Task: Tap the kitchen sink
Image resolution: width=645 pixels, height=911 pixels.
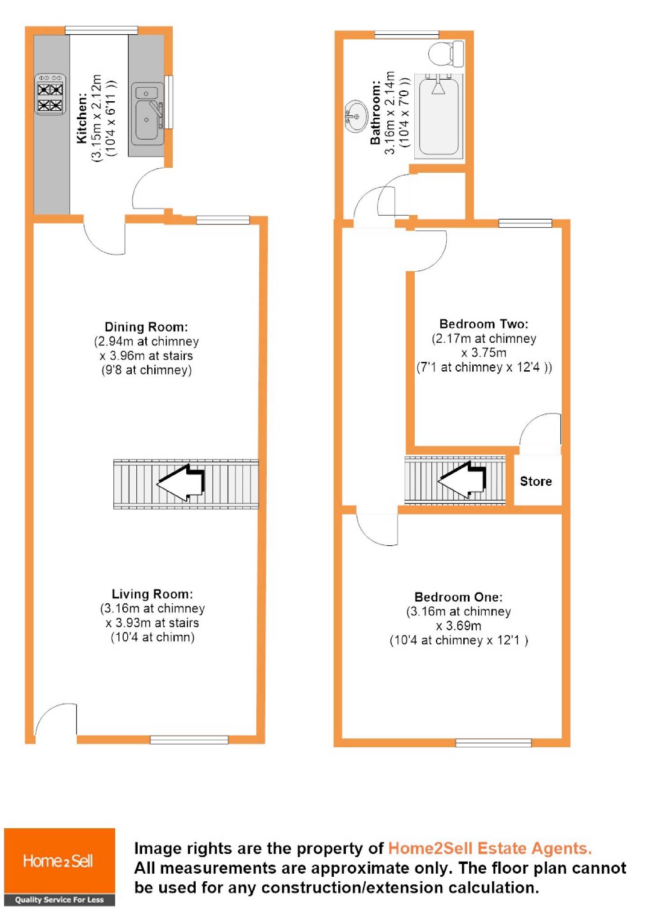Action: [148, 113]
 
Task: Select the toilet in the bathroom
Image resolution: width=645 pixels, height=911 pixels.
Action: [446, 53]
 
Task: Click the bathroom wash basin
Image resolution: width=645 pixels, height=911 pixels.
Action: [356, 116]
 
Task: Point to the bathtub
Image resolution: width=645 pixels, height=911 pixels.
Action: [439, 116]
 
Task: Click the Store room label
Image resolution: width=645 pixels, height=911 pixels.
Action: [535, 481]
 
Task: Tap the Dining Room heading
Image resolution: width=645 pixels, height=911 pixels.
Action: [146, 327]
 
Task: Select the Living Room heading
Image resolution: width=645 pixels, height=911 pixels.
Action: [152, 594]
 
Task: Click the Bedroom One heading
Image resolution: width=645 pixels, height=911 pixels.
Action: [458, 597]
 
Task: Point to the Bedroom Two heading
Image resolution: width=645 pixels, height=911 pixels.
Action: [484, 324]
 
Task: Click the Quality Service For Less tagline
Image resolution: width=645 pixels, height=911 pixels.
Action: [59, 899]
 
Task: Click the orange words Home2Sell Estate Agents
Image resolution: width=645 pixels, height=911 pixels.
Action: [489, 848]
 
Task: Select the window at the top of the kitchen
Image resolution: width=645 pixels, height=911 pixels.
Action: [101, 30]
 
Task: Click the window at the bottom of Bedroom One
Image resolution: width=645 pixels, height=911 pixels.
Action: [493, 743]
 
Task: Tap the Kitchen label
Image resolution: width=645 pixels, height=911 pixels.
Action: [81, 118]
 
